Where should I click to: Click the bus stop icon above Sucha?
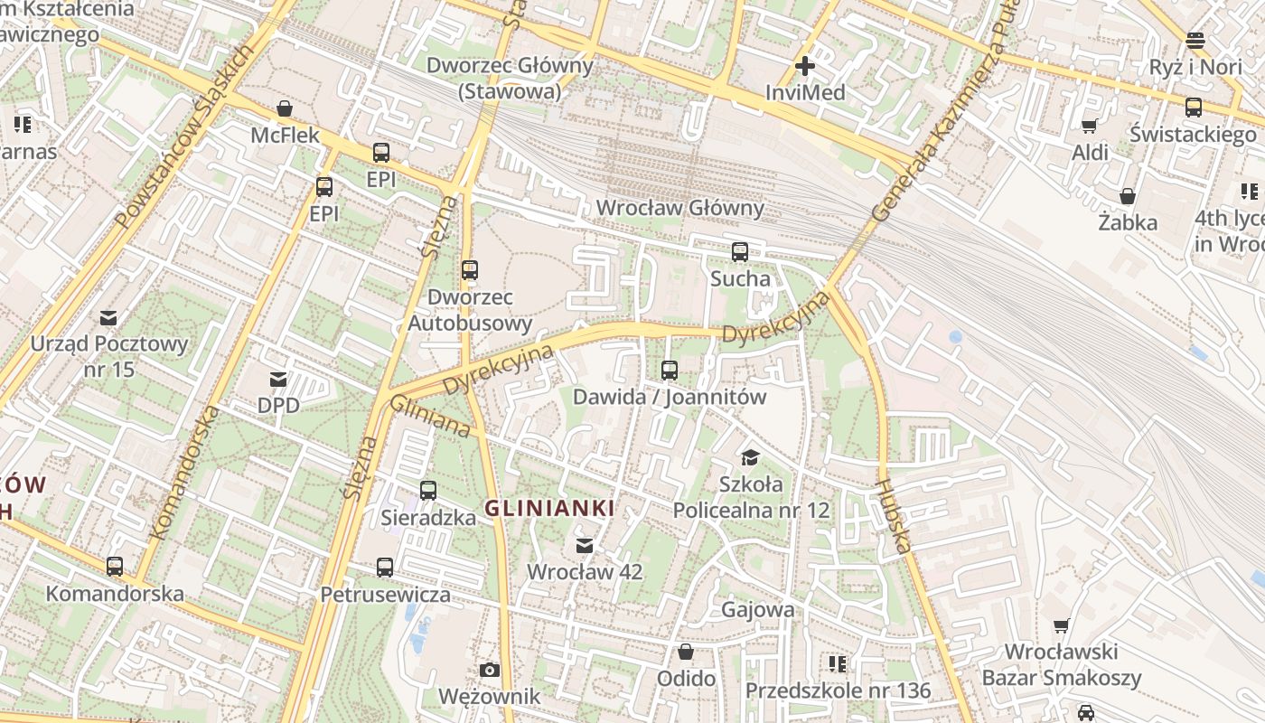click(x=740, y=252)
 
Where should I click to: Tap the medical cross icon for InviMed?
click(x=804, y=66)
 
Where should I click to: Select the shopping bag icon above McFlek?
click(x=285, y=109)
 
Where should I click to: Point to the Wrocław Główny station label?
click(x=679, y=208)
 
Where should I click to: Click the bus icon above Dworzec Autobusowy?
click(x=469, y=270)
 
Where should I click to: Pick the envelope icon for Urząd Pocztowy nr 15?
click(x=108, y=317)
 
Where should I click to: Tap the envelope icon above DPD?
click(x=277, y=380)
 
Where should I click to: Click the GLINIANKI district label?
click(x=549, y=508)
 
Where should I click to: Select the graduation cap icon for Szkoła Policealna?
click(x=750, y=457)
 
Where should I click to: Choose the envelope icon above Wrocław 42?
click(x=585, y=545)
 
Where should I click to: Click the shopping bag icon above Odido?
click(x=686, y=652)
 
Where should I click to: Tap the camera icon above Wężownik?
click(x=490, y=670)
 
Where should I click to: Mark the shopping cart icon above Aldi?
click(x=1090, y=126)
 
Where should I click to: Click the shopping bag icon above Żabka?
click(x=1128, y=195)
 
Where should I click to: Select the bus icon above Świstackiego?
click(x=1194, y=108)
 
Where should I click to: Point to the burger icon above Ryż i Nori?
click(x=1195, y=40)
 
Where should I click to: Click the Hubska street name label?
click(x=891, y=515)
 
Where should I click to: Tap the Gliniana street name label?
click(x=430, y=417)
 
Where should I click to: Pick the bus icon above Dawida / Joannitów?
click(x=669, y=370)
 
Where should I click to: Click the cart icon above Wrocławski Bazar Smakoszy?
click(x=1062, y=625)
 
